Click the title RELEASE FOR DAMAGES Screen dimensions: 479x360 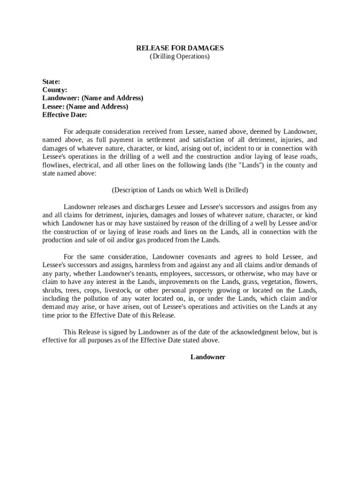coord(180,48)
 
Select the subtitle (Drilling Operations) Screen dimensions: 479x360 coord(180,57)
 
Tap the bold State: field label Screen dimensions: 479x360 coord(51,81)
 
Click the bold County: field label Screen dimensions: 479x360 coord(55,90)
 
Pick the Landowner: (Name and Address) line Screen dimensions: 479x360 coord(93,98)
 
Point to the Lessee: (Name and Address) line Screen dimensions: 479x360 coord(85,107)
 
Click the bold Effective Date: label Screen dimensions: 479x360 coord(65,115)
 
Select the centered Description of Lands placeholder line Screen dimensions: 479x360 coord(180,190)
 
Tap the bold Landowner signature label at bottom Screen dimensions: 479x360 coord(208,357)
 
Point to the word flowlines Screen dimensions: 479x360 coord(56,165)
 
